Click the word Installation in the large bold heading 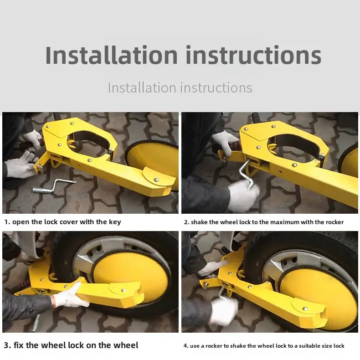coord(111,55)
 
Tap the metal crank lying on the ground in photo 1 coord(54,186)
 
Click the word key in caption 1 coord(114,222)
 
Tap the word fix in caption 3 coord(18,345)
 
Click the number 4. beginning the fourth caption coord(186,346)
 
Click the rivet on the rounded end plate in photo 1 coord(156,179)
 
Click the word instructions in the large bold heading coord(253,55)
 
